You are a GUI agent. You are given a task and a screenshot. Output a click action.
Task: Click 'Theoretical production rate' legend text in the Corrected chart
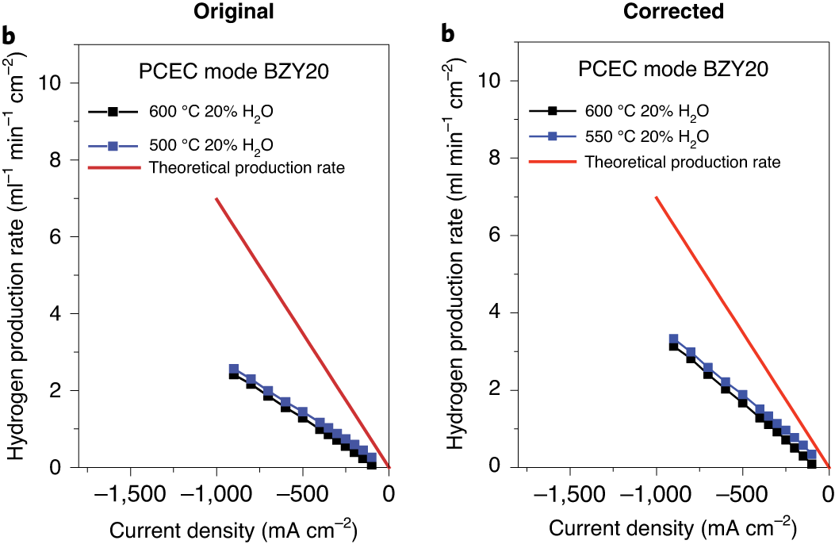[682, 162]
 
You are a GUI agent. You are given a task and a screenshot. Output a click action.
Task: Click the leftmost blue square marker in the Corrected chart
[673, 339]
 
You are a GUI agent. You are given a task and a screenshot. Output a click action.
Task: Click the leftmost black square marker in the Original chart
[234, 375]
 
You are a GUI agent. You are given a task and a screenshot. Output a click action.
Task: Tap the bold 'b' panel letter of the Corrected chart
[448, 35]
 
